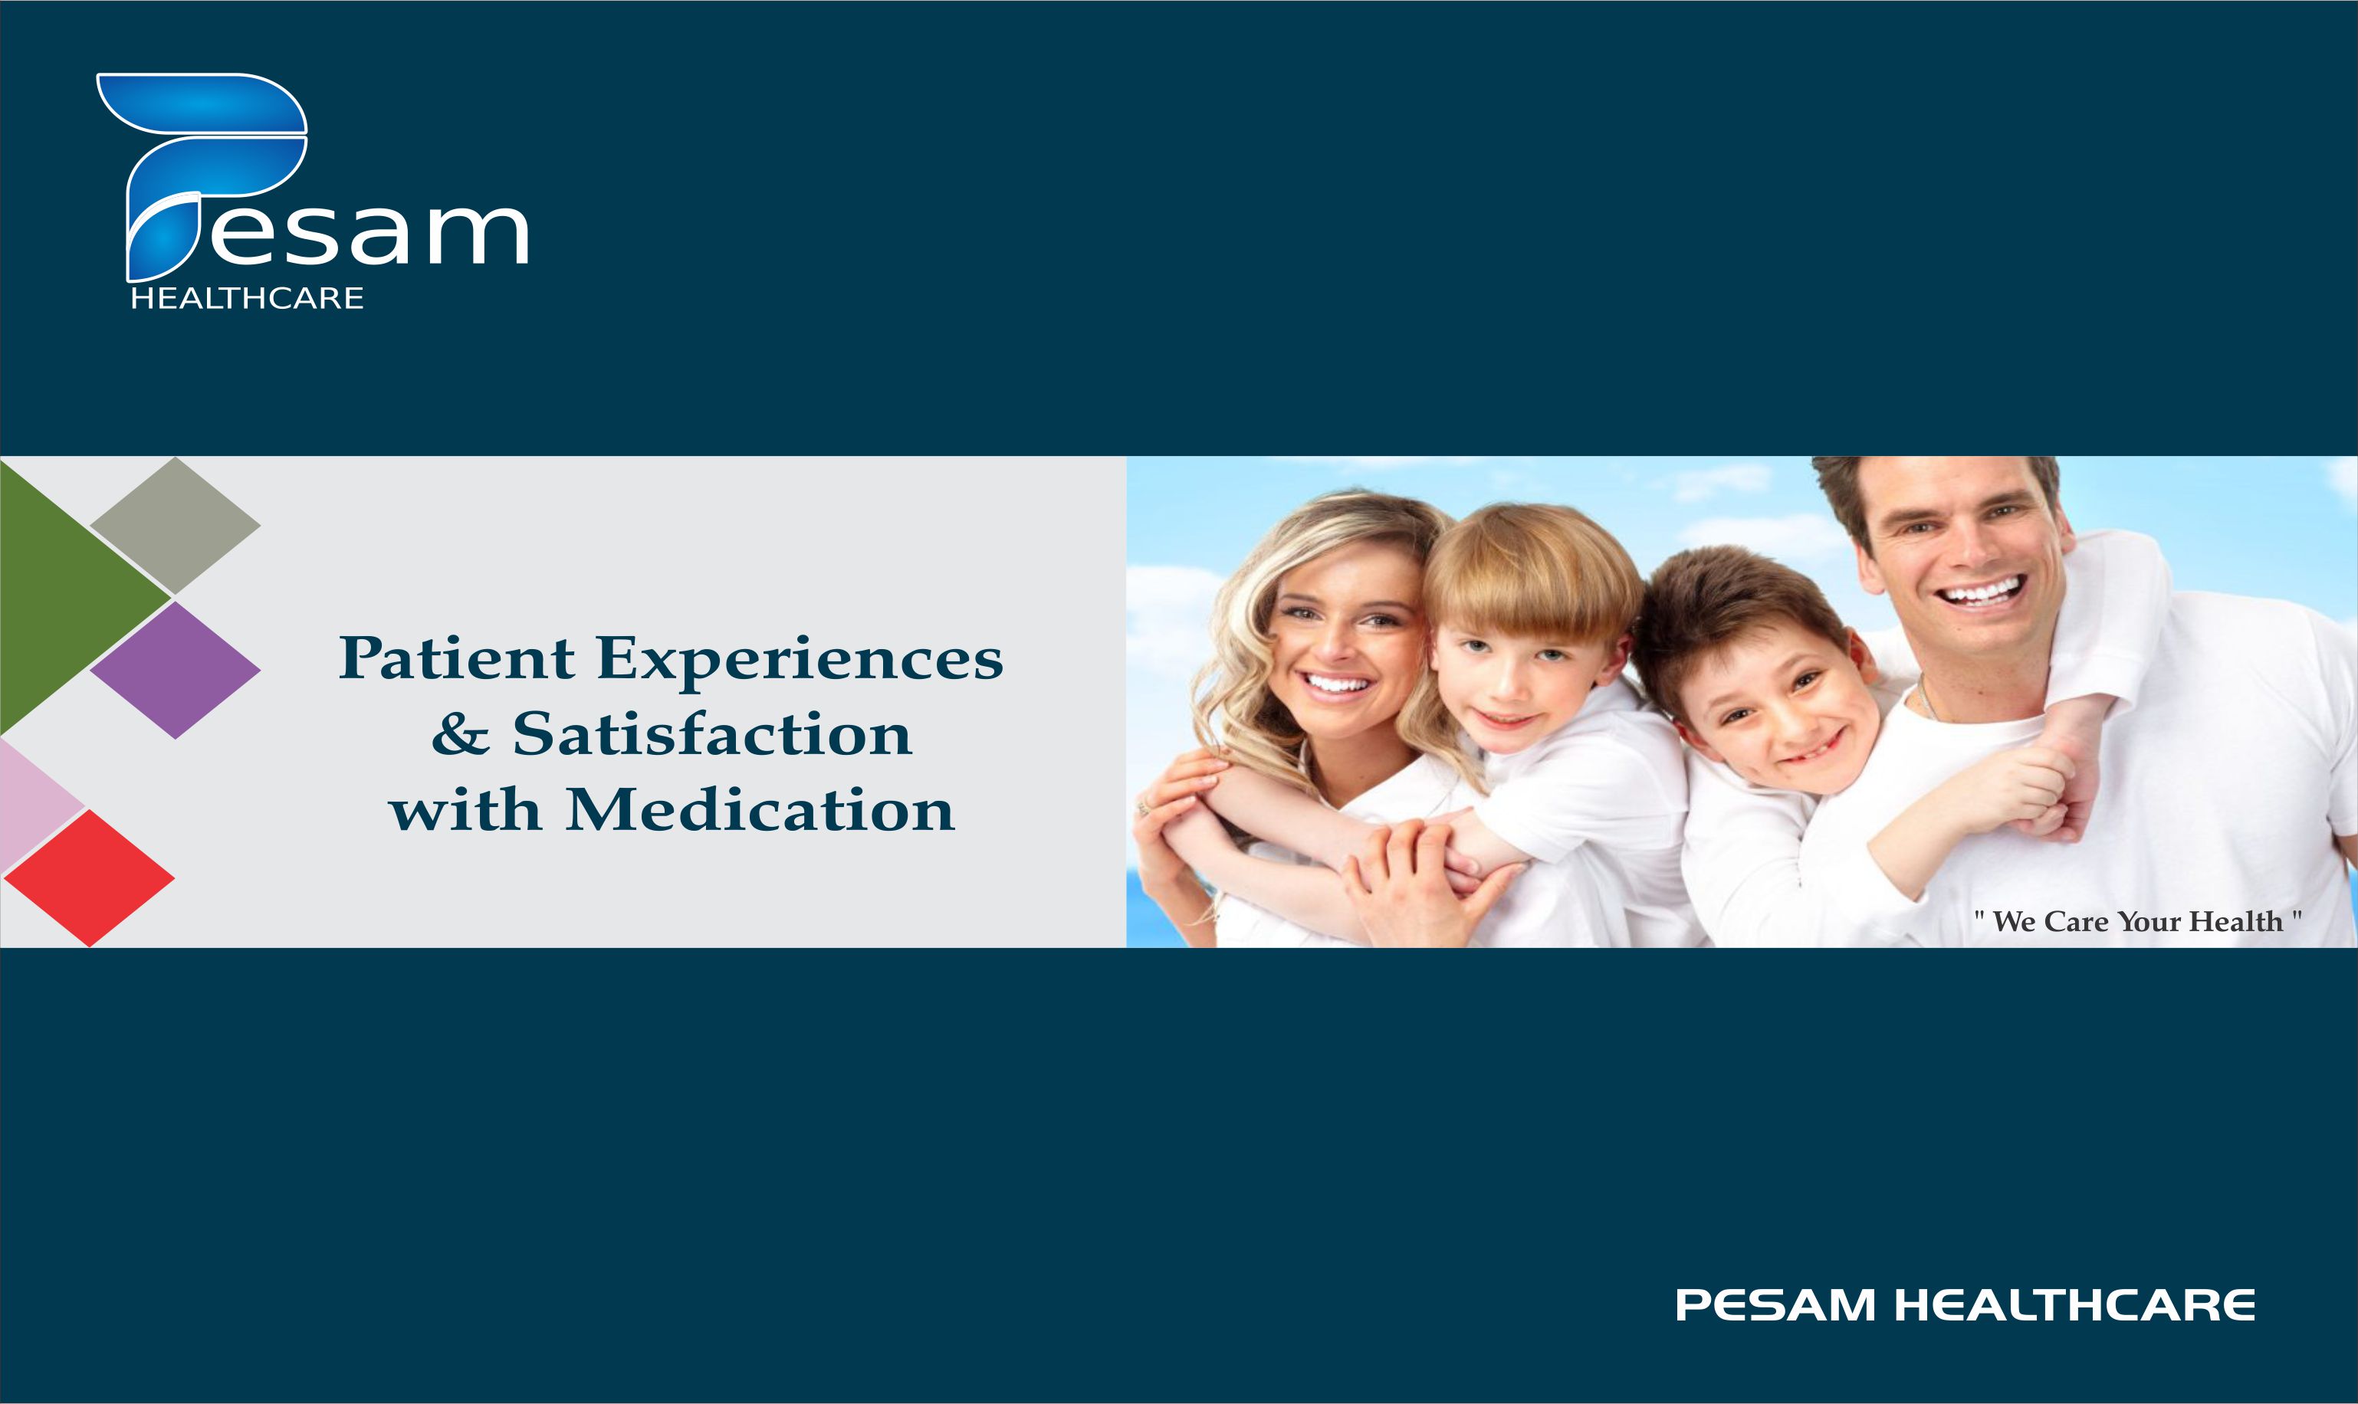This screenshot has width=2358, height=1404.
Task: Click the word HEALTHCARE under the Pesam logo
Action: tap(247, 299)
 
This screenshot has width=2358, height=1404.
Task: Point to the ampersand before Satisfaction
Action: tap(461, 733)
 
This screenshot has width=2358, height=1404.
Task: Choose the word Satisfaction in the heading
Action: tap(712, 733)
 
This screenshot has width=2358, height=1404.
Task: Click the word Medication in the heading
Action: tap(760, 810)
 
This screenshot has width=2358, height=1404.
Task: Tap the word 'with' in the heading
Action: tap(465, 810)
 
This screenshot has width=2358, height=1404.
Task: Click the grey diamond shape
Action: tap(175, 526)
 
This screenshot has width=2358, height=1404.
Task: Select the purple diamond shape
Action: tap(175, 670)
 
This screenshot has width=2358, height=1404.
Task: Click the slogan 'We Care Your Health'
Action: tap(2137, 920)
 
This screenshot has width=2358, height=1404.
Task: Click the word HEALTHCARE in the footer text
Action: tap(2074, 1306)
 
